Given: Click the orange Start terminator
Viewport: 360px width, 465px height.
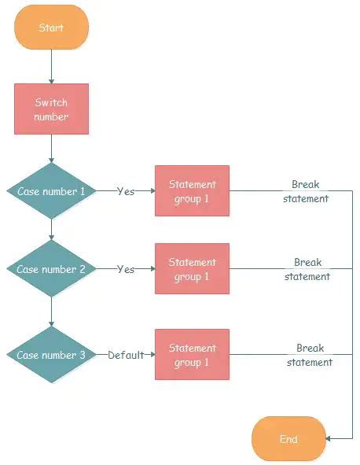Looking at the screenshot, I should pos(51,27).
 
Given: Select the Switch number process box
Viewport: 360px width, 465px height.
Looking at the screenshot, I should pos(51,109).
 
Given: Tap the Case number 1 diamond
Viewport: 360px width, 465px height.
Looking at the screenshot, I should pos(51,191).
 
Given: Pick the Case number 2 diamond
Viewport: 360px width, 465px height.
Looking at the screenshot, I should pos(51,269).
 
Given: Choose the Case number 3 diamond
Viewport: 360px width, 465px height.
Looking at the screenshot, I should pos(51,355).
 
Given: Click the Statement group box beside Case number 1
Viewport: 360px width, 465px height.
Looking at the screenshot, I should pos(192,191).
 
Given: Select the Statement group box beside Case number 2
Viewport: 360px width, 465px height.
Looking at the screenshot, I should pos(192,269).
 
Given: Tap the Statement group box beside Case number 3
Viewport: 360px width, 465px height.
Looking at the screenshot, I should pos(192,355).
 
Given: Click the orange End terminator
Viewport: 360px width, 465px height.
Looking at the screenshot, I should pos(288,438).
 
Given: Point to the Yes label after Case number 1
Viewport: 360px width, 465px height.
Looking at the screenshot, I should pos(126,191).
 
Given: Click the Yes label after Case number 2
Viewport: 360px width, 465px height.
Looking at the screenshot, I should pos(126,269).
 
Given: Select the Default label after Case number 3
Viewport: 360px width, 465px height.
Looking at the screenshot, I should pos(126,355).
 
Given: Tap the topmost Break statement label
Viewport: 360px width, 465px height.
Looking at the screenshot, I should pos(306,191).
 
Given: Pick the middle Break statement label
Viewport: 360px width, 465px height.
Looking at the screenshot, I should pos(307,269).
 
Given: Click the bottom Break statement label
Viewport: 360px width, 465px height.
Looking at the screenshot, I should pos(309,355).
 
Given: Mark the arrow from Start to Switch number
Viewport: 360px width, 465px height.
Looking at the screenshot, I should pos(51,67).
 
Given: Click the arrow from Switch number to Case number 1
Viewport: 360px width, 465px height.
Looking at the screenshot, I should pos(51,148).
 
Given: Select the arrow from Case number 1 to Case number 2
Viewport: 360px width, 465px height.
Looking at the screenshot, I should pos(51,230).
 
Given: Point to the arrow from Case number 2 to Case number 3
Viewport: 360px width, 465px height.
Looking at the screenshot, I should pos(51,312).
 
